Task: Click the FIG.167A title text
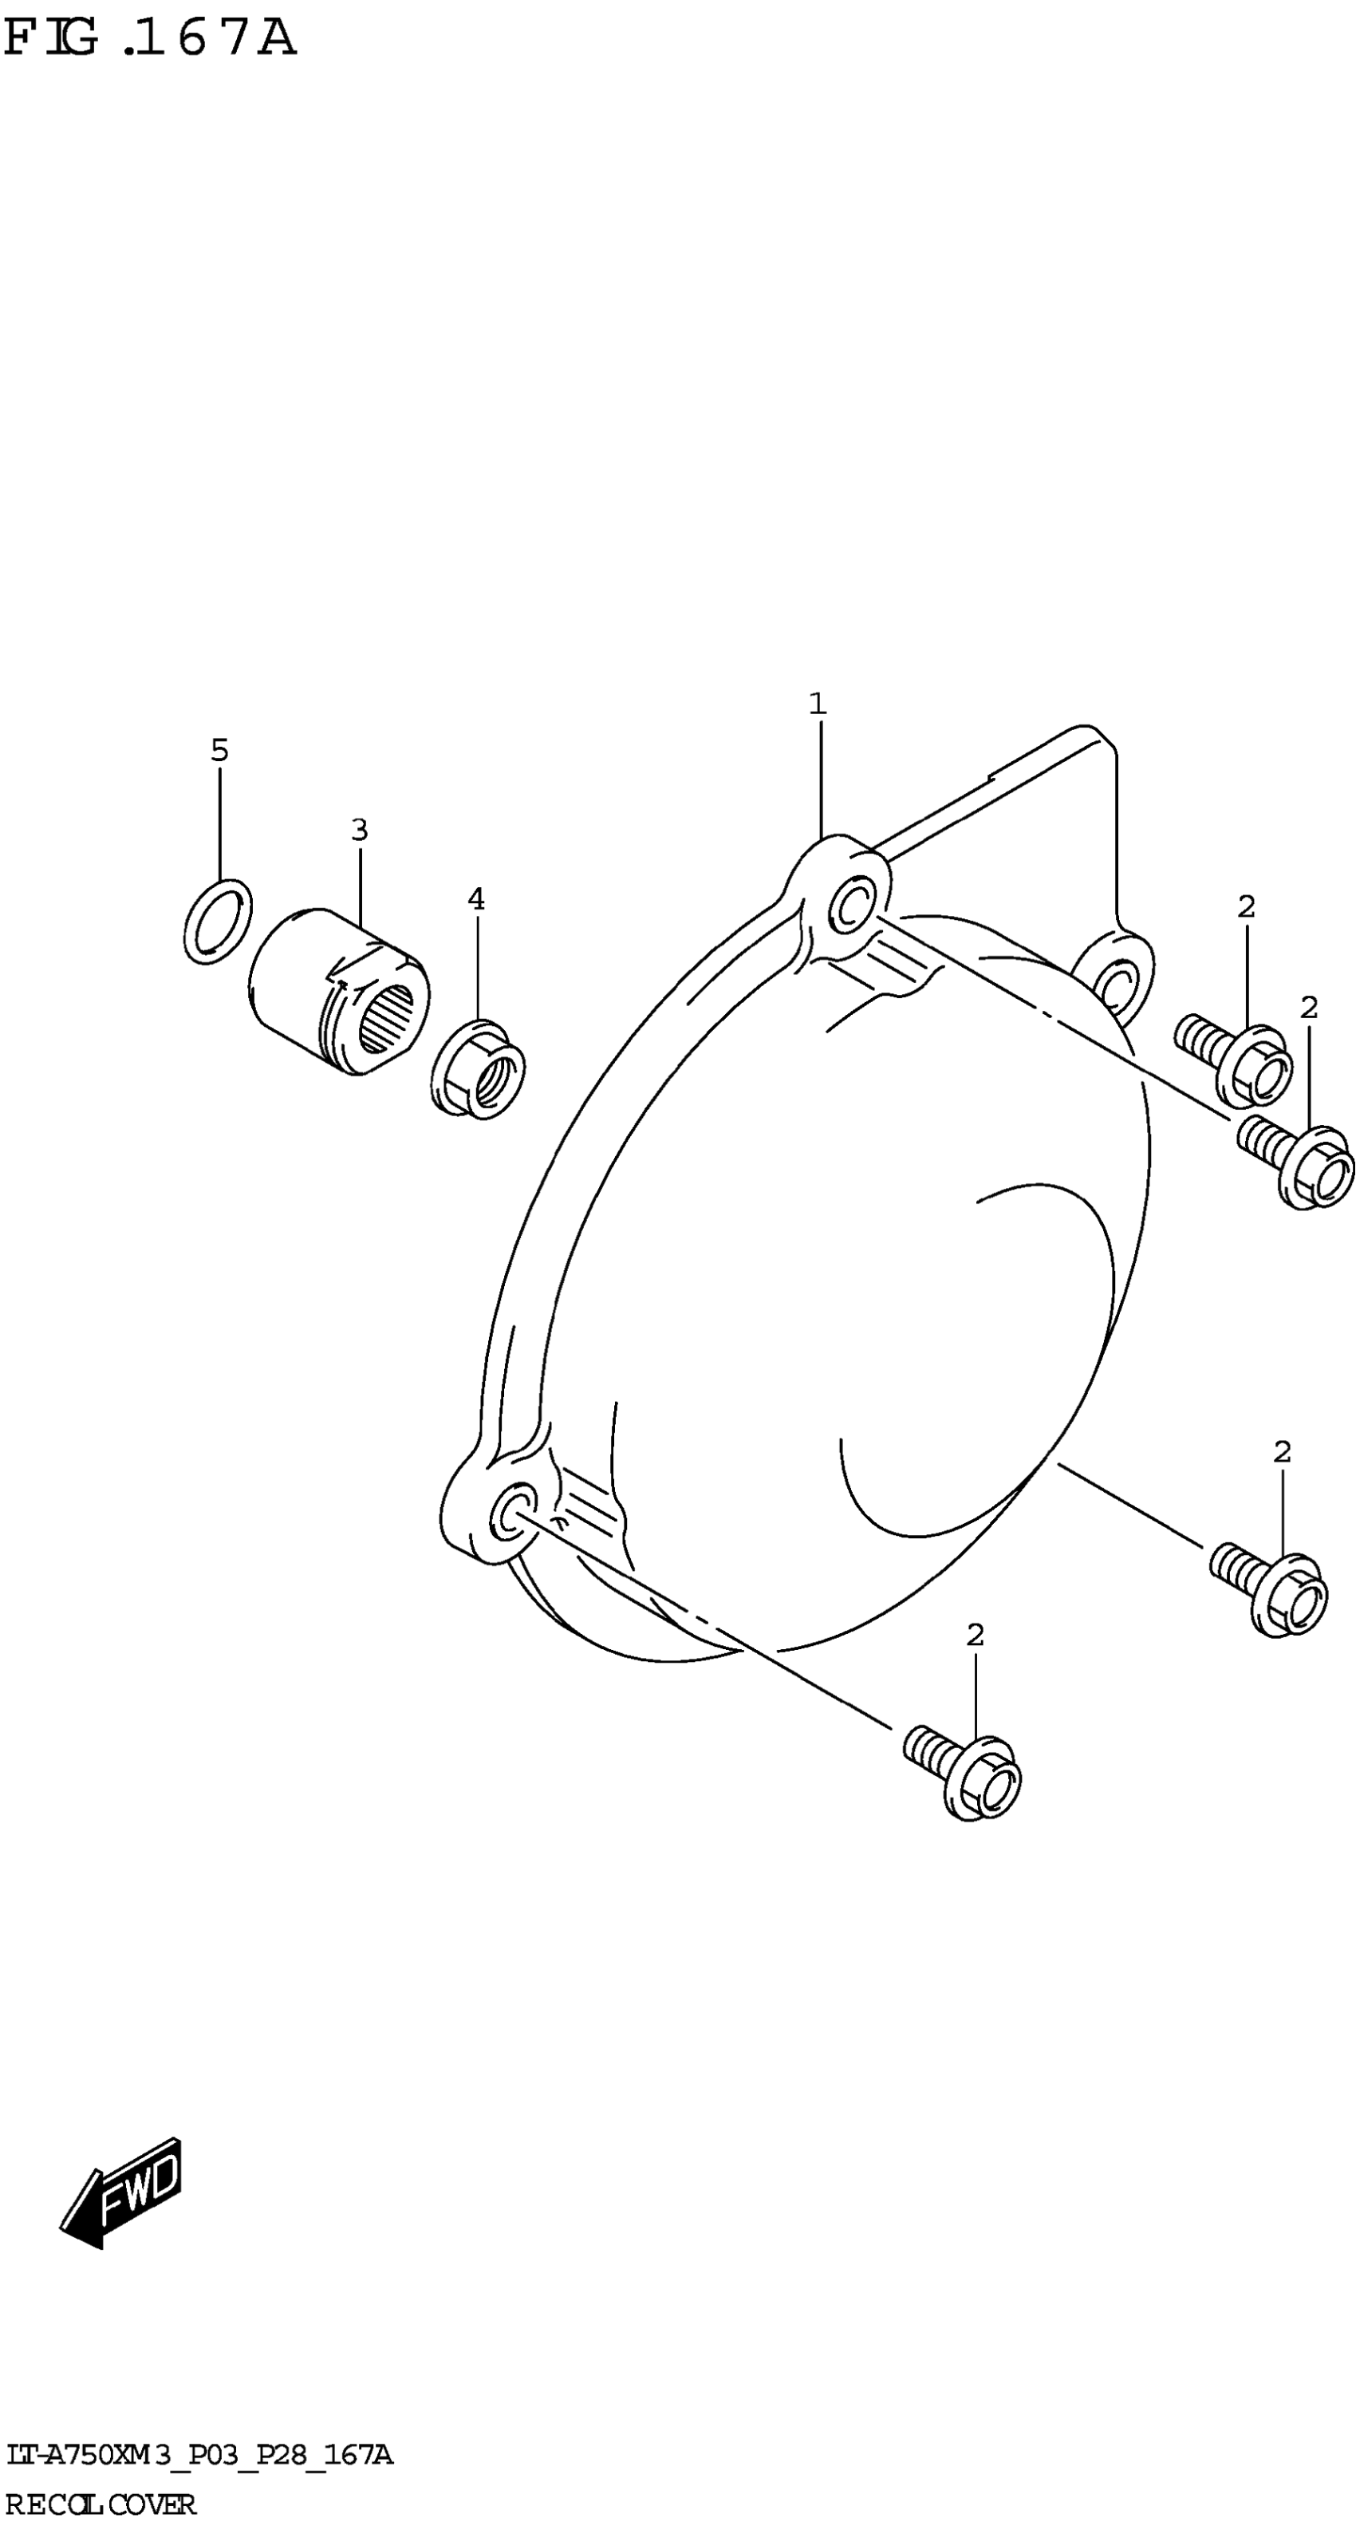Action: [150, 39]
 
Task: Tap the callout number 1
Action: [818, 703]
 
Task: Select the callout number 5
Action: [219, 751]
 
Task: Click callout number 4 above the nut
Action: [476, 898]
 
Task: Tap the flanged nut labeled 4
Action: [478, 1069]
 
